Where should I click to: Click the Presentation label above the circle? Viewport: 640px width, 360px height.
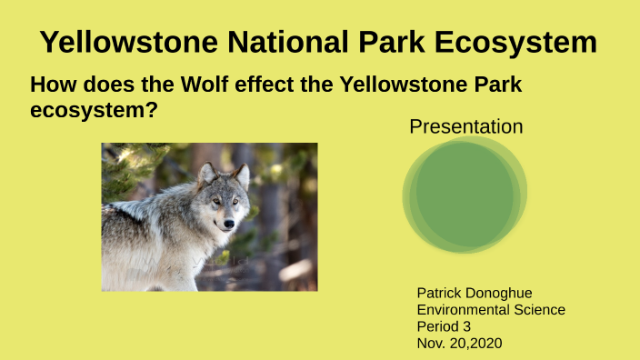click(x=465, y=126)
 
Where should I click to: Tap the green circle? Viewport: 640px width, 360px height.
click(x=465, y=195)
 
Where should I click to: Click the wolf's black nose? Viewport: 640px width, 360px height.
click(x=229, y=223)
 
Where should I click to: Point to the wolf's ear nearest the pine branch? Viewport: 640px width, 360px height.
click(x=206, y=173)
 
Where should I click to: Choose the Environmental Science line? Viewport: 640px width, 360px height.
click(x=490, y=310)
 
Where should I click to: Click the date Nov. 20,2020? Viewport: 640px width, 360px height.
click(x=459, y=343)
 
